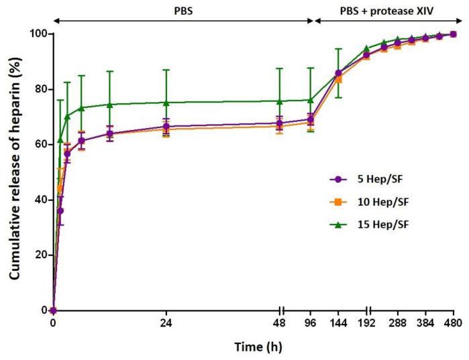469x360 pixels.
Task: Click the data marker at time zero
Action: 53,310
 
